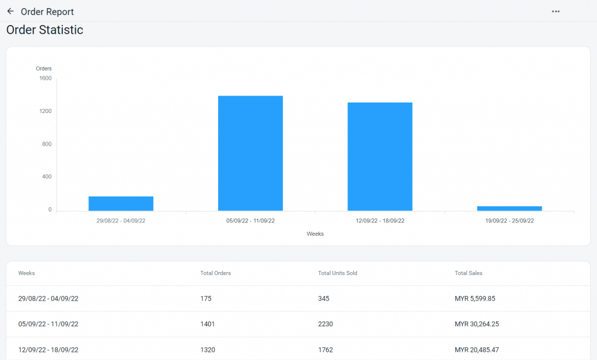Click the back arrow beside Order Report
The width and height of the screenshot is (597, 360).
pyautogui.click(x=10, y=11)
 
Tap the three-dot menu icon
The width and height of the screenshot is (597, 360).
pyautogui.click(x=556, y=12)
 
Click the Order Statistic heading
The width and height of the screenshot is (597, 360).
pyautogui.click(x=45, y=30)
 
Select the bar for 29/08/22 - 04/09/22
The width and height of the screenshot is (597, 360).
pyautogui.click(x=121, y=203)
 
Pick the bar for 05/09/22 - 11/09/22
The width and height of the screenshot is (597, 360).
pyautogui.click(x=251, y=153)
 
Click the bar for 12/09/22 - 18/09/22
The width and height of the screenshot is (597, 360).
pyautogui.click(x=380, y=157)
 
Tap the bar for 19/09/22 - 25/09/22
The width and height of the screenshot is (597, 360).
pyautogui.click(x=510, y=208)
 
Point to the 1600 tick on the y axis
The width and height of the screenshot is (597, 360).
pyautogui.click(x=45, y=78)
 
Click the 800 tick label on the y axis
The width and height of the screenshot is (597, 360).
pyautogui.click(x=47, y=144)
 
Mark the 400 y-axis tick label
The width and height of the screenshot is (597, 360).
pyautogui.click(x=47, y=177)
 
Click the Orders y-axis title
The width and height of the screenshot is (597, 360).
pyautogui.click(x=44, y=69)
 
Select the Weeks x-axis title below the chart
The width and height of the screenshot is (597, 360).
pyautogui.click(x=315, y=234)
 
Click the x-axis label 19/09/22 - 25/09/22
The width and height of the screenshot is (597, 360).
pyautogui.click(x=510, y=221)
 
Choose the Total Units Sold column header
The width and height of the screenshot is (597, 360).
pyautogui.click(x=338, y=273)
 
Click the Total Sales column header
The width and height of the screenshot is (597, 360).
pyautogui.click(x=469, y=273)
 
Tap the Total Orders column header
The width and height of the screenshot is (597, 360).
pyautogui.click(x=216, y=273)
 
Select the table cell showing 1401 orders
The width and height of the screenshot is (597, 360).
pyautogui.click(x=208, y=324)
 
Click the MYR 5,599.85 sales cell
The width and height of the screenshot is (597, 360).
pyautogui.click(x=475, y=298)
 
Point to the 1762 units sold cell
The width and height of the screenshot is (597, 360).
pyautogui.click(x=325, y=350)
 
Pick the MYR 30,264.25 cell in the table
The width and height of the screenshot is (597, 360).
pyautogui.click(x=477, y=324)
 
